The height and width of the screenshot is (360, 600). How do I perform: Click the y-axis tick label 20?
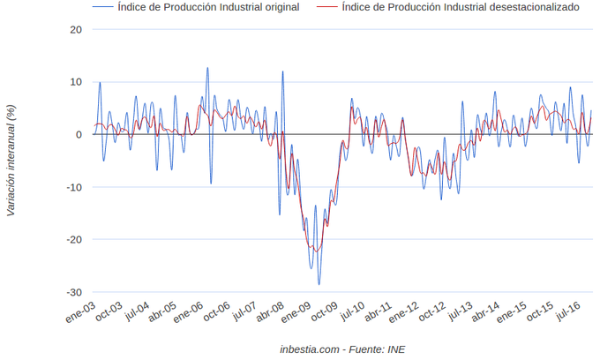click(76, 29)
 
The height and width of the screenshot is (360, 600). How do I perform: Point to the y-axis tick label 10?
click(76, 82)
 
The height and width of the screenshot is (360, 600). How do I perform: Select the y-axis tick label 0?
click(79, 134)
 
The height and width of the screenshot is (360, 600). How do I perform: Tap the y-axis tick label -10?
click(74, 187)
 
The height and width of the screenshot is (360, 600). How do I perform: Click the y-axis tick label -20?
click(74, 239)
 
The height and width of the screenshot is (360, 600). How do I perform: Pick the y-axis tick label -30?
click(74, 292)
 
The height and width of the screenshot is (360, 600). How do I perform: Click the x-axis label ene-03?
click(82, 313)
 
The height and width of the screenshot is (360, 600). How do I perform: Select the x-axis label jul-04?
click(138, 312)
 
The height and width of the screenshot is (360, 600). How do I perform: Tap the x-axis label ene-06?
click(190, 313)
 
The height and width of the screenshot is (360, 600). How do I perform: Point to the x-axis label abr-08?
click(269, 313)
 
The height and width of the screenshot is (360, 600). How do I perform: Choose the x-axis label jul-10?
click(354, 312)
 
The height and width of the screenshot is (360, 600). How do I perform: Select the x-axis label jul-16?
click(568, 312)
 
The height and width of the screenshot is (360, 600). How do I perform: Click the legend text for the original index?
click(208, 7)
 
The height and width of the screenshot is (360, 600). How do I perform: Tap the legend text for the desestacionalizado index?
click(460, 7)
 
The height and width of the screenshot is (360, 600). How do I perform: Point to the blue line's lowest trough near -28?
click(319, 283)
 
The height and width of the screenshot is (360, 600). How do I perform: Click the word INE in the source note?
click(394, 349)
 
